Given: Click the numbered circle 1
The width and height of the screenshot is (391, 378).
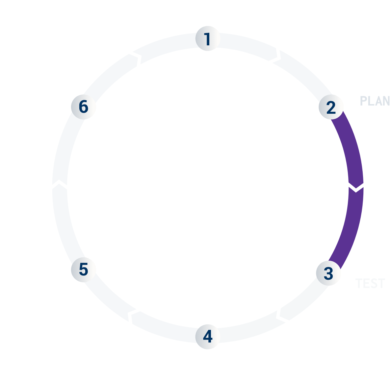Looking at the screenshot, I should click(x=207, y=38).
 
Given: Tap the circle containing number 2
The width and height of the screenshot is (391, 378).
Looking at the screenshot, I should click(x=331, y=107).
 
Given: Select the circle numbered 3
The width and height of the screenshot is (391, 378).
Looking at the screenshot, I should click(x=328, y=273).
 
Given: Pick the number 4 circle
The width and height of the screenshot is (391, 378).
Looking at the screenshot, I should click(x=207, y=337).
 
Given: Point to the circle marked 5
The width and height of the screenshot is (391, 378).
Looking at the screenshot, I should click(x=84, y=270).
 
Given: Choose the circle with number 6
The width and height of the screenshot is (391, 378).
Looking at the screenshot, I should click(x=84, y=107).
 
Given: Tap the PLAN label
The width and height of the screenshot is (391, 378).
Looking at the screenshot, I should click(x=375, y=101).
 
